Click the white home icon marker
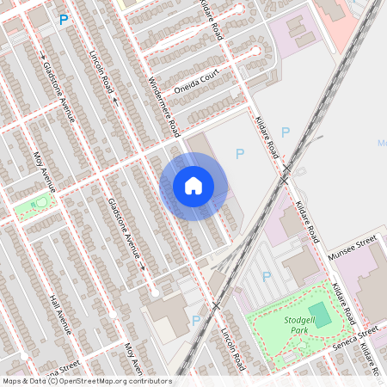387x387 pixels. (x=193, y=186)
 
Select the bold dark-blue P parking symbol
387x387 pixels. (x=63, y=19)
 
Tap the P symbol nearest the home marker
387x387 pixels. (x=240, y=153)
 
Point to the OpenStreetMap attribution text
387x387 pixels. (x=87, y=381)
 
